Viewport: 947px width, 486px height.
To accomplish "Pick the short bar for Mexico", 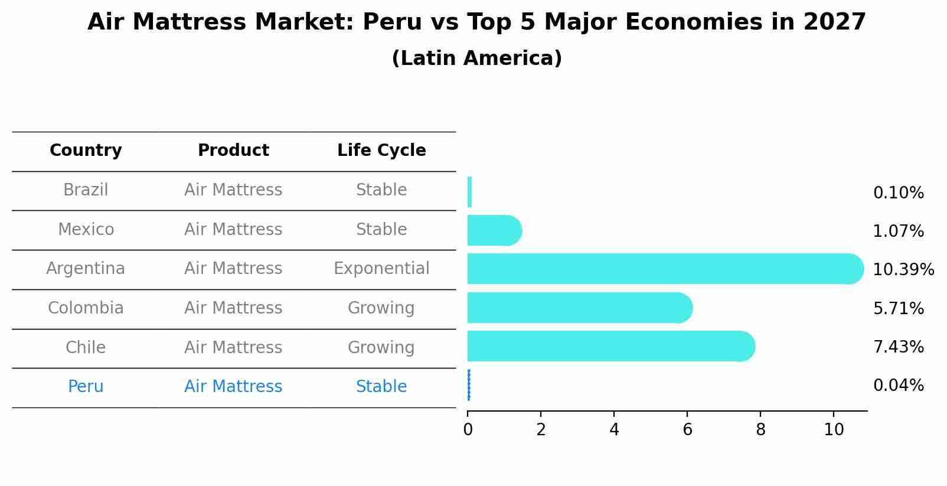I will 494,230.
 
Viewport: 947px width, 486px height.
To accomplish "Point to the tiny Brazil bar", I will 469,192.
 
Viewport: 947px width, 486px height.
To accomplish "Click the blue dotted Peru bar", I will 469,385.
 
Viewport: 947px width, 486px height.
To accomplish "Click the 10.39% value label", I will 903,270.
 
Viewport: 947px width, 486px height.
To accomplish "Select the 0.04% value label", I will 898,386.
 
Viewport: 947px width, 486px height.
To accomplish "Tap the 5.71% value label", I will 898,308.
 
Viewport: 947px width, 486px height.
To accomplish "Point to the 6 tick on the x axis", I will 687,429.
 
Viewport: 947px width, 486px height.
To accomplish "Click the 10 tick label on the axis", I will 834,429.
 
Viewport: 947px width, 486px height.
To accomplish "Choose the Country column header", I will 86,151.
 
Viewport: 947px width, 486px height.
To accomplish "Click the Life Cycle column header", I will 381,151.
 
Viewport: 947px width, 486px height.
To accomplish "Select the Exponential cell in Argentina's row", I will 381,269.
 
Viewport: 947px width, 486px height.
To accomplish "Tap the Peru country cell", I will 86,387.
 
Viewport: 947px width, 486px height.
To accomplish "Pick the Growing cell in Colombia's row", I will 381,308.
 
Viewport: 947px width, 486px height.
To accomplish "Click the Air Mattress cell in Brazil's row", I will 233,190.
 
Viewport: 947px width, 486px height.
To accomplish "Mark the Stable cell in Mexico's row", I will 381,230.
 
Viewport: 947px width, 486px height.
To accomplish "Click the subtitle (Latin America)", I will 476,58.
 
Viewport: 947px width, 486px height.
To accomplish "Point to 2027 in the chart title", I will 834,22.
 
